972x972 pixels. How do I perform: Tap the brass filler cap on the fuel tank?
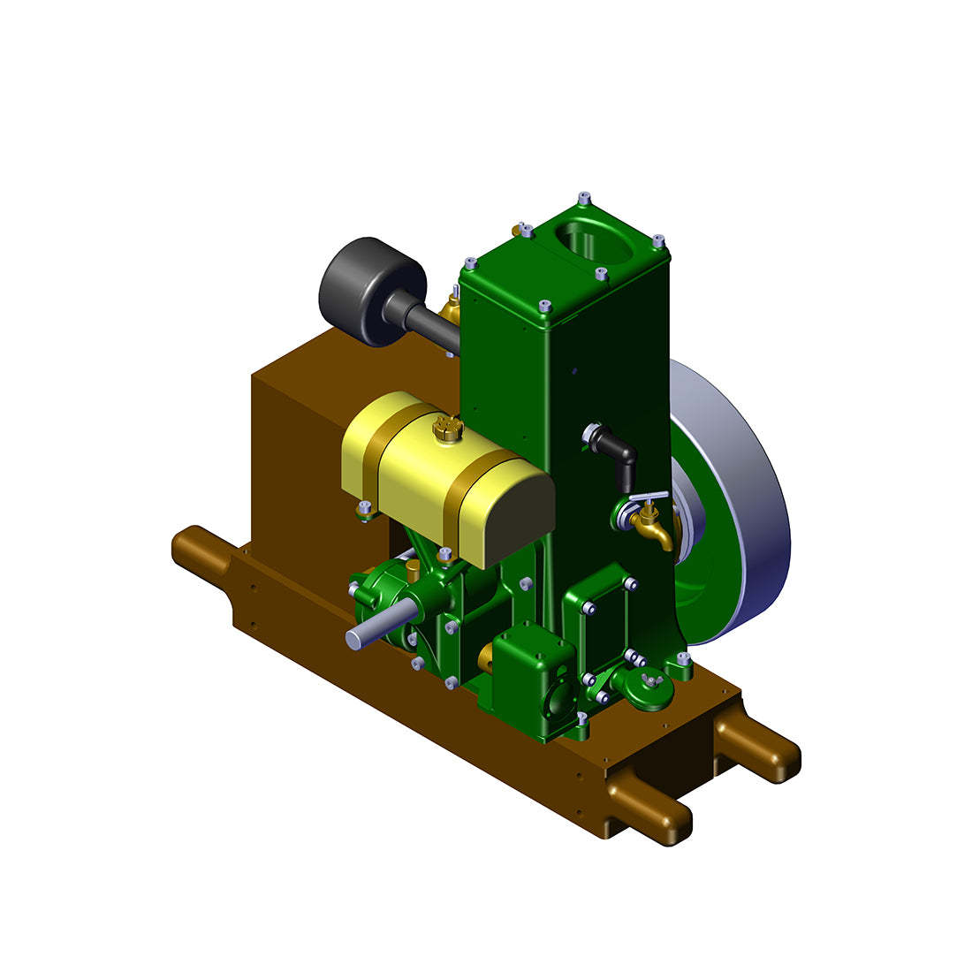coord(447,429)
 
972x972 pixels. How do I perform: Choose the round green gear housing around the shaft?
coord(380,601)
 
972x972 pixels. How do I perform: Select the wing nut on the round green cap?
coord(650,678)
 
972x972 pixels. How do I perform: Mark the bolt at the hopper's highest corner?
coord(582,196)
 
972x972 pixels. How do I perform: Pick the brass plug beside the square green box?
coord(486,657)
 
